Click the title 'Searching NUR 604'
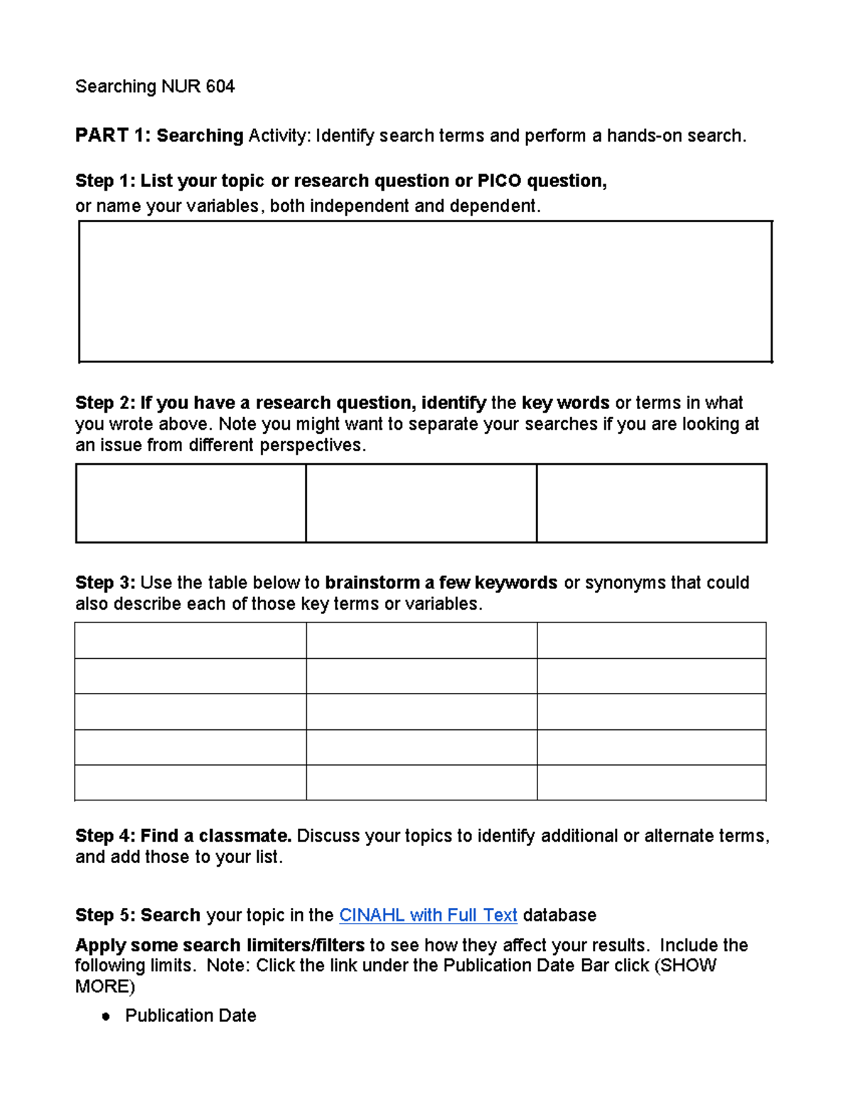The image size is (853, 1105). (x=155, y=87)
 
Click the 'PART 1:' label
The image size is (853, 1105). (x=112, y=135)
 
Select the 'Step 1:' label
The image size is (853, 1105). (x=104, y=181)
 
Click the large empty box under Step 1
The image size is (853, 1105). (x=425, y=292)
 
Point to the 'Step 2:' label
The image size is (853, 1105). (x=104, y=403)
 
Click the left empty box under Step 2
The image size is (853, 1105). (x=191, y=503)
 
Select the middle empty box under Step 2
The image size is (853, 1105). (x=421, y=503)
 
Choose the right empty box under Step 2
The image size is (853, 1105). (x=651, y=503)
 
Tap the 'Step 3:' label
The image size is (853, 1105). (x=104, y=583)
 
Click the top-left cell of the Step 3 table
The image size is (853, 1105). (x=191, y=640)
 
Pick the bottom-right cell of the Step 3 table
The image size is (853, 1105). (x=651, y=783)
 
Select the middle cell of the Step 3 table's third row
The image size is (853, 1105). (x=422, y=712)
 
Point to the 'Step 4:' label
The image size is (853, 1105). (x=104, y=836)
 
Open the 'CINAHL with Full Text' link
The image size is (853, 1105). (x=428, y=915)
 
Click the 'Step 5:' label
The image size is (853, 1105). (x=104, y=915)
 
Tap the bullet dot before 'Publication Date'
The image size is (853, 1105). (x=106, y=1017)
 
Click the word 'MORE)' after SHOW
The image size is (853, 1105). (x=104, y=987)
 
